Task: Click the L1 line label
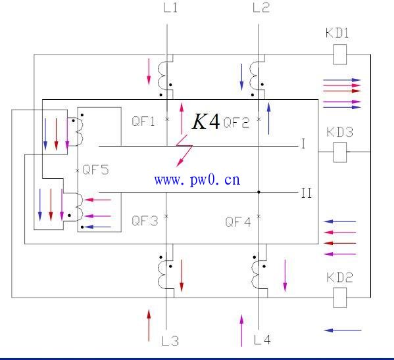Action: (x=170, y=8)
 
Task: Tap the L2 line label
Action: (x=261, y=8)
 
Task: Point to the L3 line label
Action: (x=170, y=341)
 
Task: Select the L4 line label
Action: (x=262, y=340)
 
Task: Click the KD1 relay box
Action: (x=339, y=55)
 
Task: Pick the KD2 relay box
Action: (x=339, y=298)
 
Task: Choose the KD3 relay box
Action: (x=339, y=152)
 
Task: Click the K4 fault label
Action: (x=206, y=122)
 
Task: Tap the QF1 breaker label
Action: (x=143, y=122)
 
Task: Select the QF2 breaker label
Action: (x=236, y=123)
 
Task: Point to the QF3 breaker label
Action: (x=145, y=221)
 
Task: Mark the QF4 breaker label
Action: (x=238, y=221)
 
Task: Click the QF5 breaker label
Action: (x=96, y=169)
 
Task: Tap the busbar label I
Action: (x=303, y=144)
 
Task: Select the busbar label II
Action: (x=307, y=193)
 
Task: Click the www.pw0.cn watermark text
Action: (x=197, y=180)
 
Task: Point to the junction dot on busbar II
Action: (x=259, y=192)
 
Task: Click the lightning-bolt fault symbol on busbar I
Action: (x=184, y=150)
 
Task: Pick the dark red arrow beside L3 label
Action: (x=149, y=325)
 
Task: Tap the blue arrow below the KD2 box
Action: (x=343, y=330)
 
